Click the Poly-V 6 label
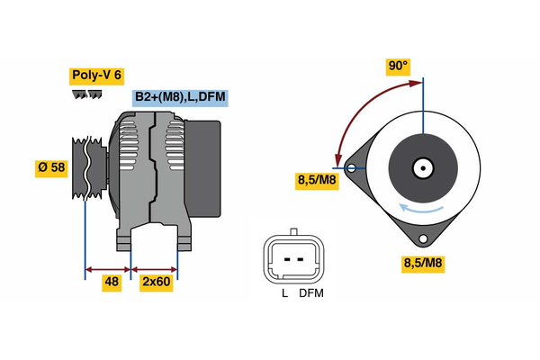97,76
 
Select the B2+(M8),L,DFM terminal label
179,97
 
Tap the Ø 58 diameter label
51,168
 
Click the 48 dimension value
110,283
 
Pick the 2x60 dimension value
156,283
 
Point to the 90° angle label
398,66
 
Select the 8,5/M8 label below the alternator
422,264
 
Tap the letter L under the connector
284,293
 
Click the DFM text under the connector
311,293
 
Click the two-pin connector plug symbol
292,259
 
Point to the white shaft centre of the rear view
422,167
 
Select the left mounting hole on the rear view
351,167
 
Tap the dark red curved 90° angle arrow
360,108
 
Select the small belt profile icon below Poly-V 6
82,94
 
